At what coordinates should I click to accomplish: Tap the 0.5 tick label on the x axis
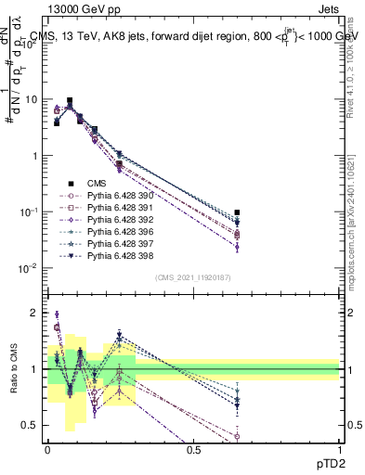[x=193, y=448]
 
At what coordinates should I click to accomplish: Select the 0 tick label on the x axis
[x=48, y=448]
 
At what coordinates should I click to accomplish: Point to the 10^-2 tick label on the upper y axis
[x=28, y=268]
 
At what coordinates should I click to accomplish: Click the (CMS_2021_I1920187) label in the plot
[x=193, y=277]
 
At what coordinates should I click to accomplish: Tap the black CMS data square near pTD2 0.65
[x=237, y=212]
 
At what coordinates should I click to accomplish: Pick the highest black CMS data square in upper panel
[x=70, y=100]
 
